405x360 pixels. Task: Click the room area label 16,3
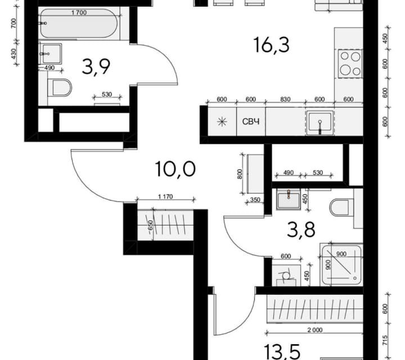point(271,44)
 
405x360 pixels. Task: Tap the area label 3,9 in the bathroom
point(96,67)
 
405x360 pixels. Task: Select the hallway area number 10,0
point(175,168)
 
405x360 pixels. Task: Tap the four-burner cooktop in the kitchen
point(349,63)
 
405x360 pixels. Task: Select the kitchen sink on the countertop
point(319,123)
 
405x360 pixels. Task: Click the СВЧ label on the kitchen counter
point(251,121)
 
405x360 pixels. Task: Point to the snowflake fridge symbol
point(222,121)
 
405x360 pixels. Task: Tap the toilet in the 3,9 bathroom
point(60,88)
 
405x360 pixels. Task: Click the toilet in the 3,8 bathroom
point(341,208)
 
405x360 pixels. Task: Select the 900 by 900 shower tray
point(341,263)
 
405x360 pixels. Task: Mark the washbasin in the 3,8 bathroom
point(289,199)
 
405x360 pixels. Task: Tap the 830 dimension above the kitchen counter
point(286,100)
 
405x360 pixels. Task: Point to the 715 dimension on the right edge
point(386,340)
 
